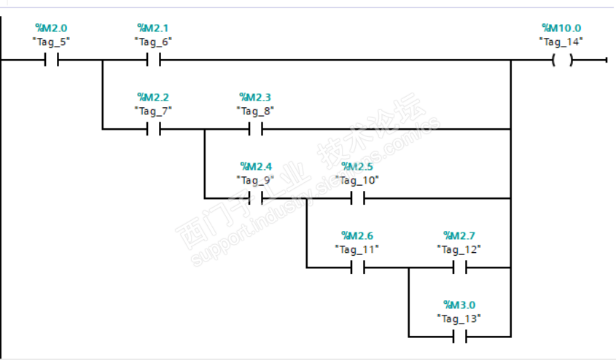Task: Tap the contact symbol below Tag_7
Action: coord(153,130)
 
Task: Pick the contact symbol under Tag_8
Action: coord(255,130)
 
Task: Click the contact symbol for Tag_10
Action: coord(357,198)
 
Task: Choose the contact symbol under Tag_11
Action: coord(357,267)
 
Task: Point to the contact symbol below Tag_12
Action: coord(459,267)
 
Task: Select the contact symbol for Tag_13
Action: coord(459,337)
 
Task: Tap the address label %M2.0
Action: coord(51,28)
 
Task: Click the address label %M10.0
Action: coord(561,28)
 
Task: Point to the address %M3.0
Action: coord(459,305)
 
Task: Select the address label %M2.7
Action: coord(459,235)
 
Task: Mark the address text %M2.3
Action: coord(255,97)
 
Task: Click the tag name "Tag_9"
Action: coord(255,179)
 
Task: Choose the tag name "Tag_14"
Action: coord(561,42)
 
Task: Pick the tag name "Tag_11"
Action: coord(357,249)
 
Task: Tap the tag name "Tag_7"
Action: coord(153,111)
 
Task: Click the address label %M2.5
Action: coord(357,166)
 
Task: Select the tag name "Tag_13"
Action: coord(459,318)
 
